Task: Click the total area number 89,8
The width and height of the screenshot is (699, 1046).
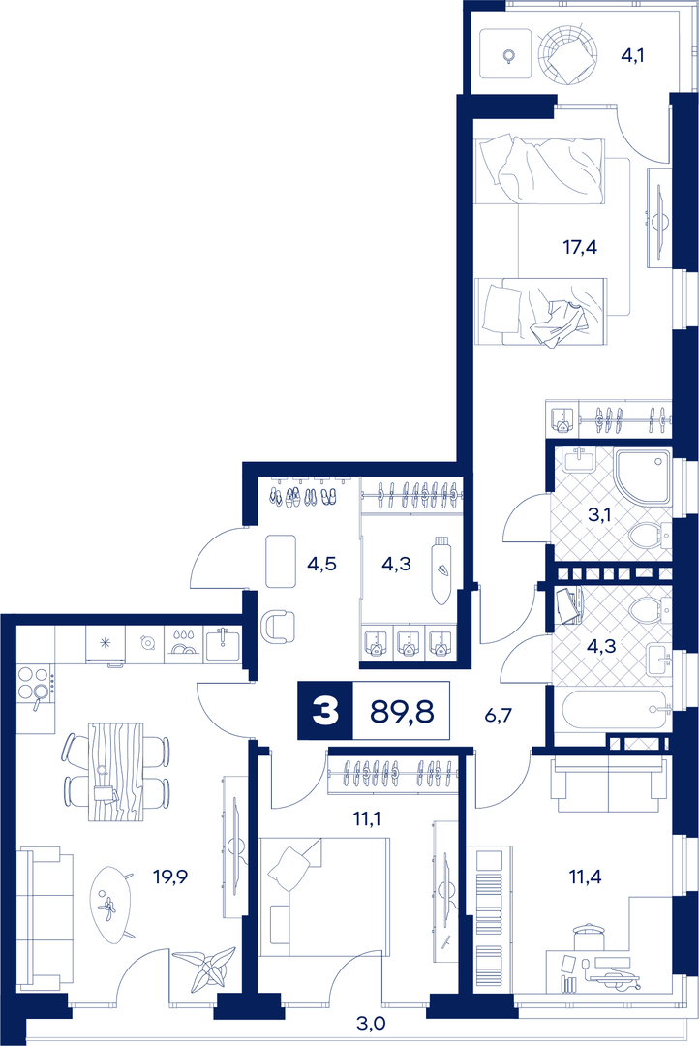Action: click(402, 712)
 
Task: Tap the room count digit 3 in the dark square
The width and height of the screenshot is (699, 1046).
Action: click(325, 712)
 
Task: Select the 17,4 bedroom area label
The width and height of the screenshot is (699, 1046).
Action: click(580, 248)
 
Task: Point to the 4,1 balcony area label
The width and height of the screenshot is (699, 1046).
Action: click(633, 54)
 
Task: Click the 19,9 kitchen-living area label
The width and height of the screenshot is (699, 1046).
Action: click(170, 876)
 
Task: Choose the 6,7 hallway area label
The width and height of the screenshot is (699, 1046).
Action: click(499, 716)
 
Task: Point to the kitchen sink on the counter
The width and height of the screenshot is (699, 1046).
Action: click(224, 644)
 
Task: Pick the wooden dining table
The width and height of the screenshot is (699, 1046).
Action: click(115, 771)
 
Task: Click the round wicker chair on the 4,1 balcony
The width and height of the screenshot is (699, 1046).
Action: click(567, 54)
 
